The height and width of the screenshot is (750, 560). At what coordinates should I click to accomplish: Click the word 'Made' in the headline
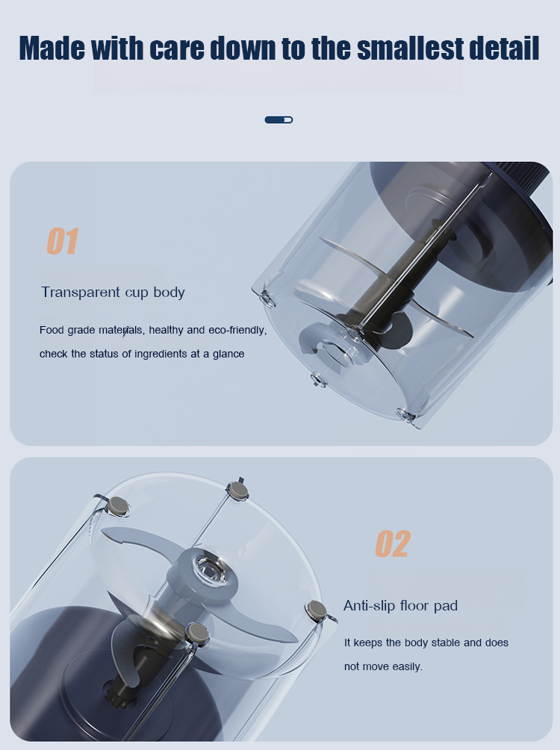(x=52, y=48)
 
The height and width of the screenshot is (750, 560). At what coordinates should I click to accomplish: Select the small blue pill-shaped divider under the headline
(x=279, y=119)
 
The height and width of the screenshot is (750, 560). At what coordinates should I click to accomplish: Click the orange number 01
(x=63, y=241)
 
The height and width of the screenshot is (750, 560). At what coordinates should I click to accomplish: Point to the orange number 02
(x=393, y=544)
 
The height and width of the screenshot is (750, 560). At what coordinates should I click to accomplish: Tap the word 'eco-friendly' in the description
(x=237, y=330)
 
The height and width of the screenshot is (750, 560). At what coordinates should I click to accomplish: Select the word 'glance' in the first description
(x=228, y=354)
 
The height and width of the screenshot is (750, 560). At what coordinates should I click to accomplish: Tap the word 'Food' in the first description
(x=52, y=330)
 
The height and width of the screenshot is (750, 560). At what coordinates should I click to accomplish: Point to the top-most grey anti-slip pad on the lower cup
(x=237, y=490)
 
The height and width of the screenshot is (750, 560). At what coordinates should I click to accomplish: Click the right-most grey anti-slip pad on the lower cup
(x=317, y=610)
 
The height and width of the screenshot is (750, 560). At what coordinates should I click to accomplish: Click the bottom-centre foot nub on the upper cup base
(x=318, y=381)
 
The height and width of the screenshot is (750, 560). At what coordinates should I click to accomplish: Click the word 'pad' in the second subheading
(x=446, y=607)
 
